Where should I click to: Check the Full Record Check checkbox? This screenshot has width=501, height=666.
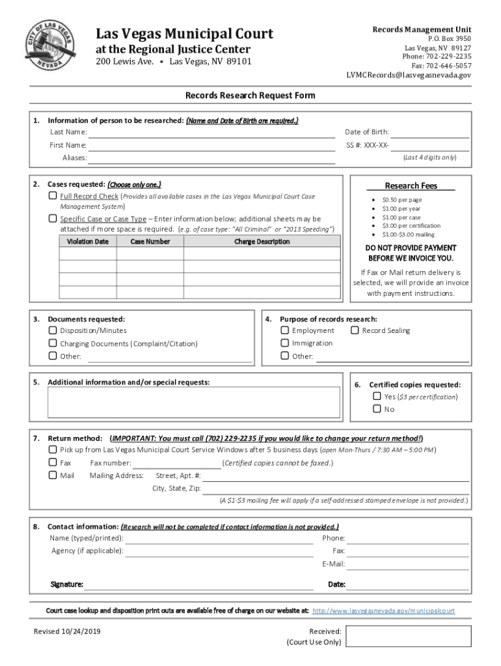point(53,196)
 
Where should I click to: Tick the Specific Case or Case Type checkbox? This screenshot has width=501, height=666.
point(53,219)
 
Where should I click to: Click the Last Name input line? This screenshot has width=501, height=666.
point(211,133)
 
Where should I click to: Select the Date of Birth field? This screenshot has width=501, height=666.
point(430,133)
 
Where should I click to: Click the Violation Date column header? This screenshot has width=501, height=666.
point(88,241)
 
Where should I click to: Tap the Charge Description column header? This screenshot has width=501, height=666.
point(262,241)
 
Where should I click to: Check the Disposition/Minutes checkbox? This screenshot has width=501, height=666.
point(53,330)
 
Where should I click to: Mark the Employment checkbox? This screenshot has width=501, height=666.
point(285,330)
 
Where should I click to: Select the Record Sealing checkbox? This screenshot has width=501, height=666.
point(355,330)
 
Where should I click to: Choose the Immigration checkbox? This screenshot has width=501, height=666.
point(285,343)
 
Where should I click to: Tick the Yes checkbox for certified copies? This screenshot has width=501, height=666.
point(377,396)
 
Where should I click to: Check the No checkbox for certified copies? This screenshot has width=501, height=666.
point(377,409)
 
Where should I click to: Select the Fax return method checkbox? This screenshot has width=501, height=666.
point(53,463)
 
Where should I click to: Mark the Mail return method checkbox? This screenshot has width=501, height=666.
point(53,475)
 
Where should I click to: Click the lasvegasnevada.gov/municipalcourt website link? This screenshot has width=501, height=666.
point(383,611)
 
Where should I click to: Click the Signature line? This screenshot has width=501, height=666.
point(199,585)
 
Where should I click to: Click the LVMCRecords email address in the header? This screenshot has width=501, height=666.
point(409,75)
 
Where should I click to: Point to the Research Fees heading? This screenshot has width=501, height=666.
point(411,186)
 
